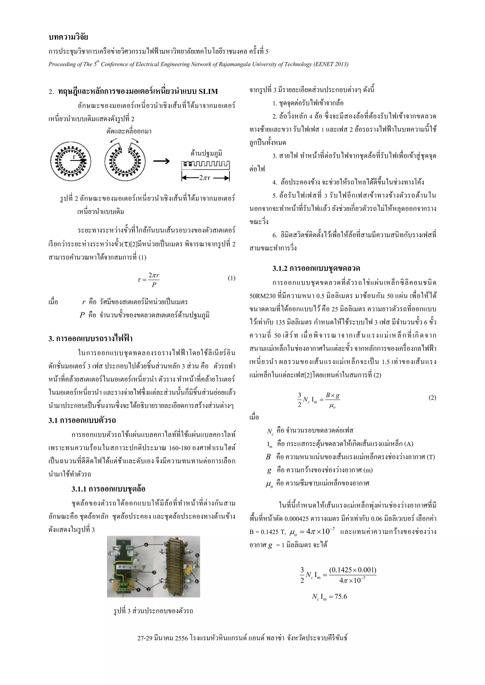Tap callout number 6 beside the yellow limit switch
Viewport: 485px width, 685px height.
click(x=197, y=581)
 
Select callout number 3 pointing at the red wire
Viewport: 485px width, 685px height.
click(x=154, y=572)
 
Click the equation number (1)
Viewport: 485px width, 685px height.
click(x=231, y=278)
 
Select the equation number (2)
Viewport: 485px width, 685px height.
click(x=432, y=397)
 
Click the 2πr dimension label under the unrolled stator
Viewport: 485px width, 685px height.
click(x=205, y=178)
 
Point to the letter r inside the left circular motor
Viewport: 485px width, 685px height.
click(x=74, y=157)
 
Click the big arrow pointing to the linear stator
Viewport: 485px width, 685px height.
click(x=161, y=161)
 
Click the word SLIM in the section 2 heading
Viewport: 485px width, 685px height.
click(x=208, y=91)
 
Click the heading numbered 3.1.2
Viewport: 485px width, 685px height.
click(x=316, y=268)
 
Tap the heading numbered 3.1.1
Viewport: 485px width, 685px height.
click(x=108, y=489)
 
